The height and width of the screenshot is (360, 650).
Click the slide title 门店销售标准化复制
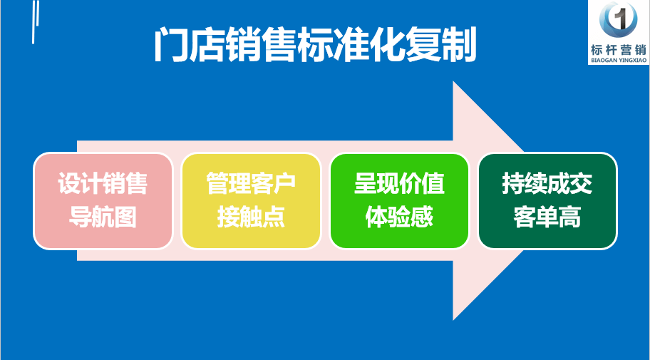pos(315,46)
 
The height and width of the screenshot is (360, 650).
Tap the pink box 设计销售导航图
pos(103,201)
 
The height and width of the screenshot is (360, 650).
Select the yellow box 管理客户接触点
pos(251,201)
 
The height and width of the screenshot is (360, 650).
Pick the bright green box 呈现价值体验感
pos(400,201)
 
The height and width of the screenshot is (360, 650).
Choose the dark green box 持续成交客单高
pos(547,201)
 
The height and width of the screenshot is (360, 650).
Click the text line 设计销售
pos(103,184)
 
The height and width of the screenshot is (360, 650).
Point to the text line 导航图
pos(103,217)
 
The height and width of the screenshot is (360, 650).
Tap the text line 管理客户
pos(251,184)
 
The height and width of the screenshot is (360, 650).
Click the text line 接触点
pos(251,217)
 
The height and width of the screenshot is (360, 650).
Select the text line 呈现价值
pos(400,184)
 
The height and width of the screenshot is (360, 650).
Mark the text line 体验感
pos(400,217)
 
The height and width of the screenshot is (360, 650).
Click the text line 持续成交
pos(547,184)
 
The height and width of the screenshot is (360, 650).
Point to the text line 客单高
pos(547,217)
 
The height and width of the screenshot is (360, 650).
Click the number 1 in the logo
pos(619,19)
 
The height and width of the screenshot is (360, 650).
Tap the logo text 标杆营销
pos(619,50)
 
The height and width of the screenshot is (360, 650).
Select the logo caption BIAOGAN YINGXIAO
pos(619,61)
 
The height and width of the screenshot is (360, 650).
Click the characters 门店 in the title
pos(189,46)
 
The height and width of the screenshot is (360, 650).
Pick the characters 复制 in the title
pos(441,46)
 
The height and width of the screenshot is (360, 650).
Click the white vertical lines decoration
pos(36,21)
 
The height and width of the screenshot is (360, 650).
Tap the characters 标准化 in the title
pos(351,46)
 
